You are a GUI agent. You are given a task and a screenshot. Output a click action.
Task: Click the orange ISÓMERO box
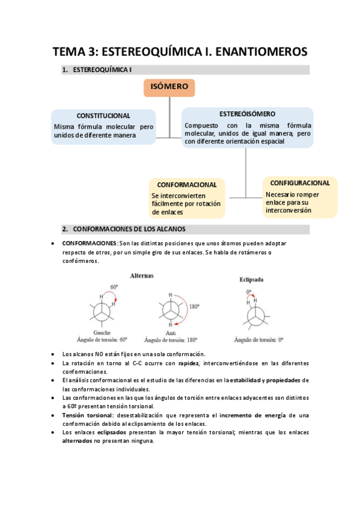click(x=169, y=87)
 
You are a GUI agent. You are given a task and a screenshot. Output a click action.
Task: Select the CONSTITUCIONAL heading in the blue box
click(x=103, y=115)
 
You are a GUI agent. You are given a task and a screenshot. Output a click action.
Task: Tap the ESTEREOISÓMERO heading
click(x=248, y=114)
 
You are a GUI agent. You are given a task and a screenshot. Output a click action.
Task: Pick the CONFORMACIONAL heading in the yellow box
click(x=186, y=185)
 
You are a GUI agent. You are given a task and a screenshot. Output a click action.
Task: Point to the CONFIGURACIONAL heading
click(x=300, y=183)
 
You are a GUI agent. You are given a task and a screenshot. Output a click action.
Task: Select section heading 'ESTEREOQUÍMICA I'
click(x=102, y=70)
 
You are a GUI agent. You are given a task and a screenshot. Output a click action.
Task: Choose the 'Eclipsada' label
click(x=251, y=280)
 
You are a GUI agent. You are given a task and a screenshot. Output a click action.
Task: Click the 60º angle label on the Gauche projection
click(x=114, y=287)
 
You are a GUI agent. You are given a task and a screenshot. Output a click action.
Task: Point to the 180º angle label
click(x=194, y=306)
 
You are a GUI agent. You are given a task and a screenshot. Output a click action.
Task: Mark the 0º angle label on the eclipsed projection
click(x=248, y=291)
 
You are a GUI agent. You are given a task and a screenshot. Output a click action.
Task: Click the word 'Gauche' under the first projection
click(x=102, y=332)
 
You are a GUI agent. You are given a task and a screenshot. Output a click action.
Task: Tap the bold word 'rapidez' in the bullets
click(x=187, y=363)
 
